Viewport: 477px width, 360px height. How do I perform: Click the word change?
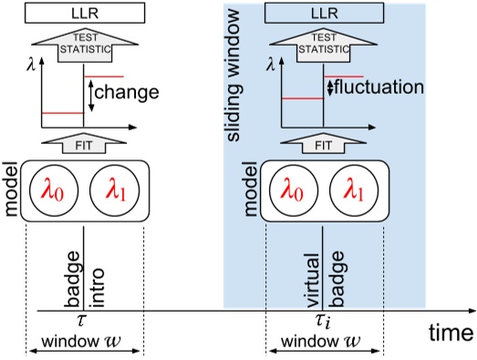tap(127, 92)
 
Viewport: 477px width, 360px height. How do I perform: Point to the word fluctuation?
tap(379, 88)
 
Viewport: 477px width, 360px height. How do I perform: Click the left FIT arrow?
tap(83, 143)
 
